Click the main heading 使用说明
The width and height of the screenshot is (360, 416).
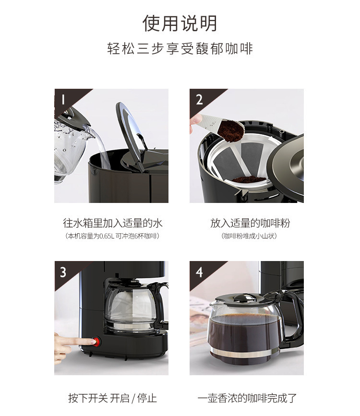pyautogui.click(x=180, y=24)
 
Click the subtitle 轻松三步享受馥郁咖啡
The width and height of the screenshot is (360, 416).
pyautogui.click(x=180, y=48)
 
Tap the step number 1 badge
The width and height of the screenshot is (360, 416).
pyautogui.click(x=63, y=100)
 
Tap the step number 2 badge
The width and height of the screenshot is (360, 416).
pyautogui.click(x=199, y=100)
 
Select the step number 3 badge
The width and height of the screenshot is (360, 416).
pyautogui.click(x=63, y=272)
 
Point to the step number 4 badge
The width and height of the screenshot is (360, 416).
pyautogui.click(x=199, y=272)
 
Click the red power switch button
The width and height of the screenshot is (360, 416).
pyautogui.click(x=96, y=342)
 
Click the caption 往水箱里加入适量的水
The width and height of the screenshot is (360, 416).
pyautogui.click(x=113, y=223)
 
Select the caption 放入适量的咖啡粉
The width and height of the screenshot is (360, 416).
pyautogui.click(x=250, y=223)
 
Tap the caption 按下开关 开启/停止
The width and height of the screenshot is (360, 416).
pyautogui.click(x=113, y=398)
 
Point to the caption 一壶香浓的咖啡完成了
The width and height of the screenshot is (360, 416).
pyautogui.click(x=247, y=398)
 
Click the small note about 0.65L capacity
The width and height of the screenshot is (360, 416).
pyautogui.click(x=112, y=236)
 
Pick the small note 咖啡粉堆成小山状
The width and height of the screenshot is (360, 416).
pyautogui.click(x=249, y=236)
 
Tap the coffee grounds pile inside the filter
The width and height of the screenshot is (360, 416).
pyautogui.click(x=248, y=179)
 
